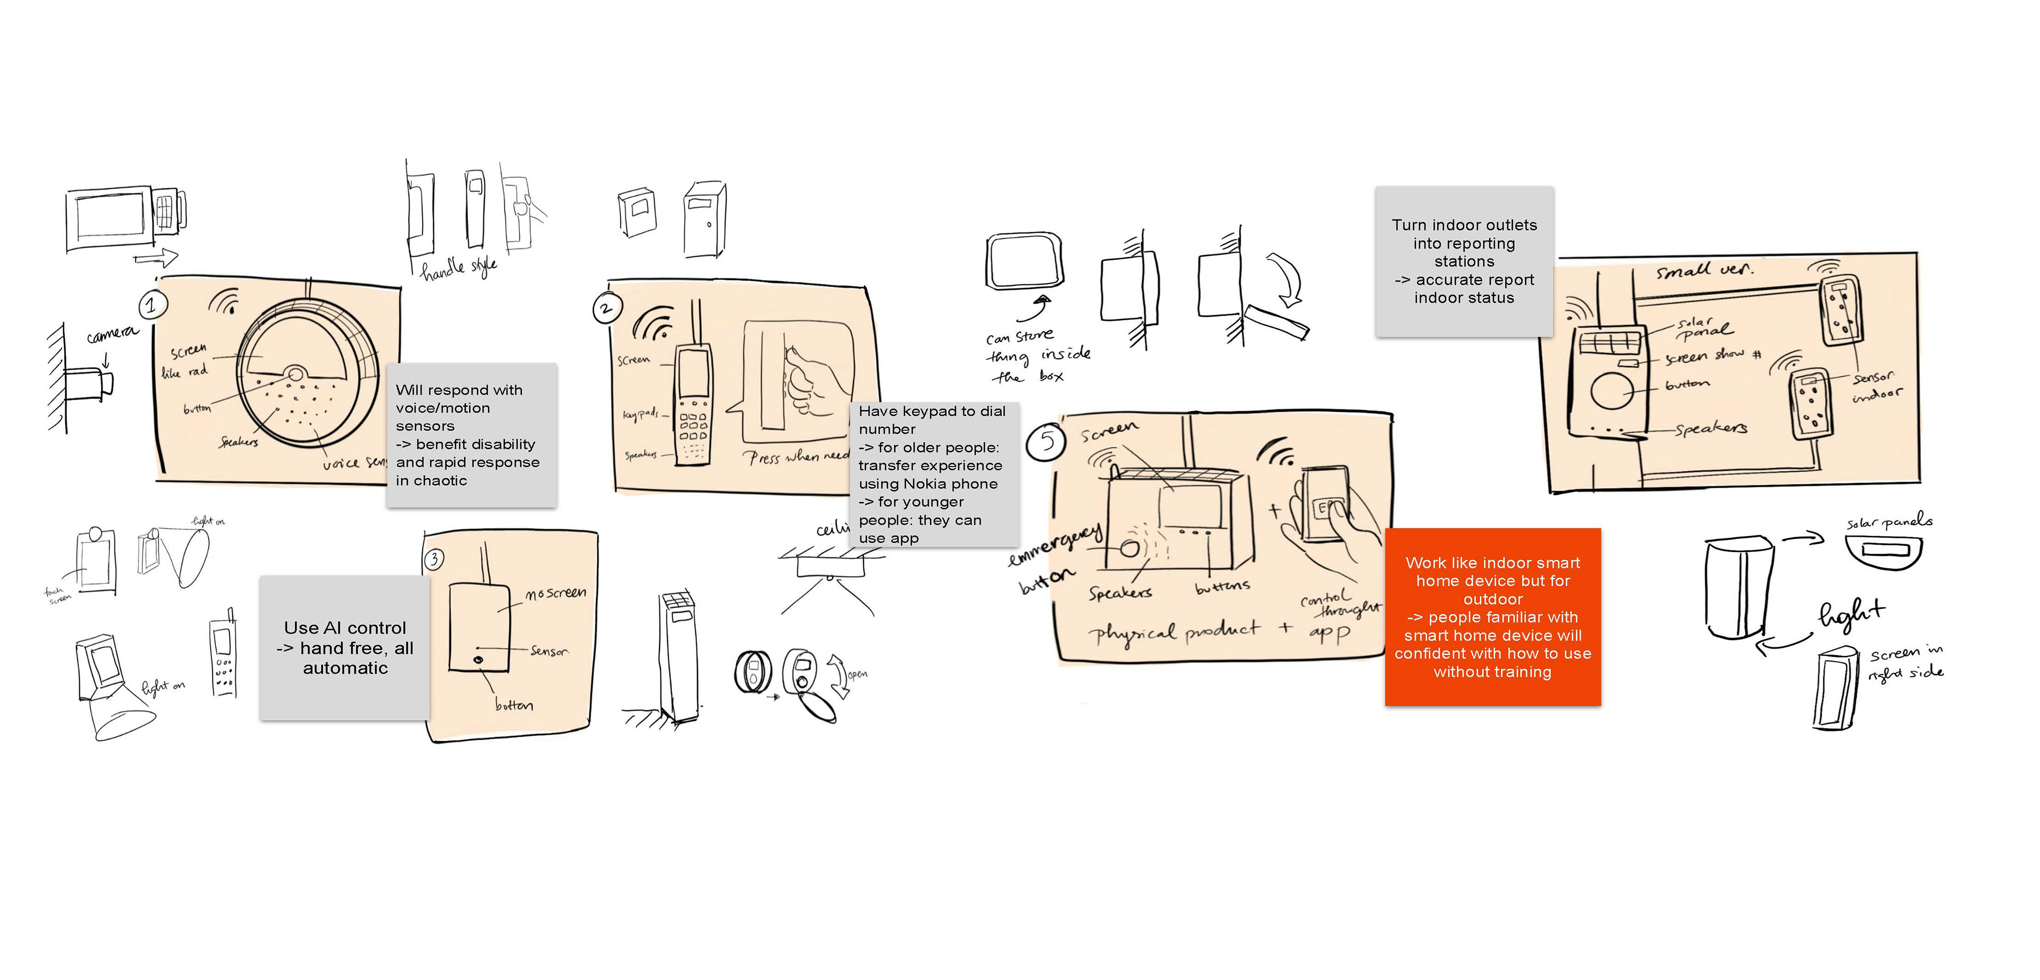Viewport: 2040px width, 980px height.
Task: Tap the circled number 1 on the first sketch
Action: [151, 304]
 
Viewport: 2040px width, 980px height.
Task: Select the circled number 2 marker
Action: [607, 308]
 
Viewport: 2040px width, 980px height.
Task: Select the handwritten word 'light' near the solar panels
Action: [1851, 613]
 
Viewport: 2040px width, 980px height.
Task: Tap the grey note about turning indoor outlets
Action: [1464, 261]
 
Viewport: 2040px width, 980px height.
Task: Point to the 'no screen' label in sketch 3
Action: [556, 593]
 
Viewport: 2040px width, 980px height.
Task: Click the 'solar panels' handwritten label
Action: [1889, 522]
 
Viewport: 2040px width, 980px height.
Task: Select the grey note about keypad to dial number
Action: [933, 474]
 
